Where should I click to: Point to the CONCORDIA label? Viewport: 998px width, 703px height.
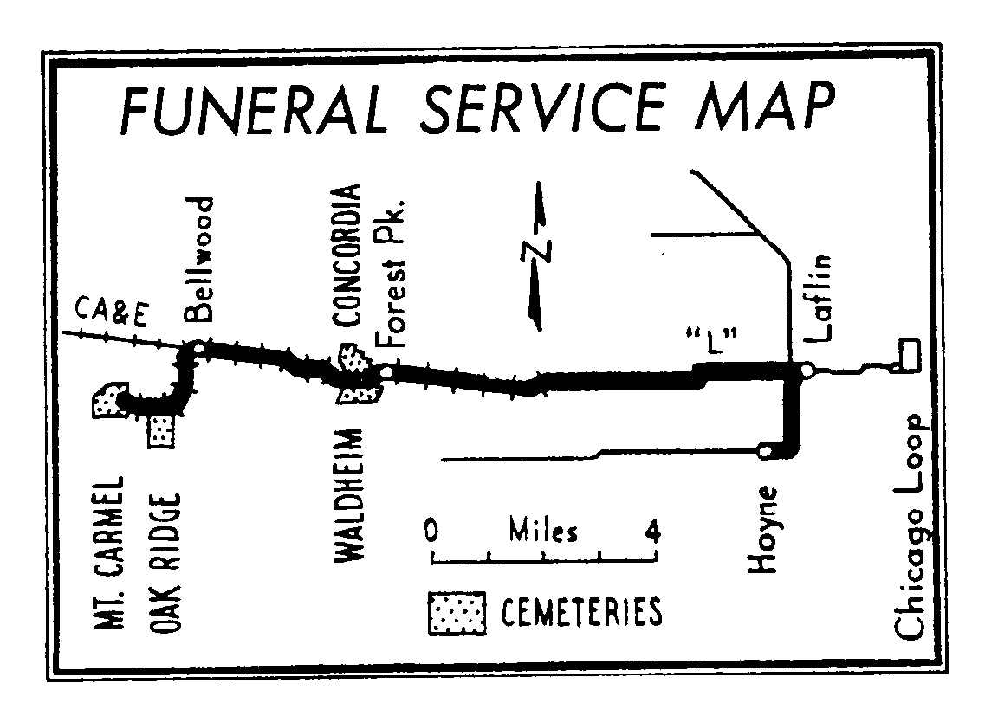348,256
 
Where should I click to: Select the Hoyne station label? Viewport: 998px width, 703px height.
764,530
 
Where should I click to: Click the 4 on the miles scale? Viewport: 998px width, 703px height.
651,530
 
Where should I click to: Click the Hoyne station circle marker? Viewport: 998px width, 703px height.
765,451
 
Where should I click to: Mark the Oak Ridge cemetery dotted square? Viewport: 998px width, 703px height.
162,430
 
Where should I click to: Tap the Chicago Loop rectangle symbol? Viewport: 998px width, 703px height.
909,353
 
